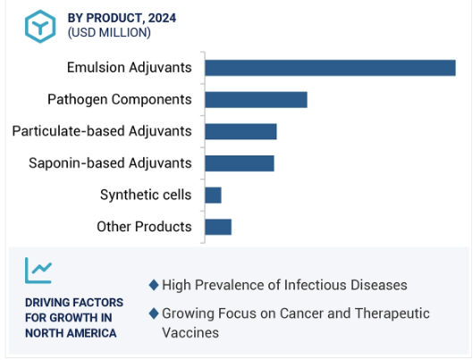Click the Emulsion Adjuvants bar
330,68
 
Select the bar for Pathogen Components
256,100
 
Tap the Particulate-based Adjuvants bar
241,131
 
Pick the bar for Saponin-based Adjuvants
240,163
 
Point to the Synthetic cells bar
214,196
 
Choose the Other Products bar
218,227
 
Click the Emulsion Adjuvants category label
129,68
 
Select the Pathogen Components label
120,99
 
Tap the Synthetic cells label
146,195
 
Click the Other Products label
144,227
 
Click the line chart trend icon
38,271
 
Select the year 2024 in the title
162,18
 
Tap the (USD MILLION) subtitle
109,32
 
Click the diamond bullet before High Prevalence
154,285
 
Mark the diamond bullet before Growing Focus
154,314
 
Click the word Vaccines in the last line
190,333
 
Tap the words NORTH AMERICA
71,333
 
